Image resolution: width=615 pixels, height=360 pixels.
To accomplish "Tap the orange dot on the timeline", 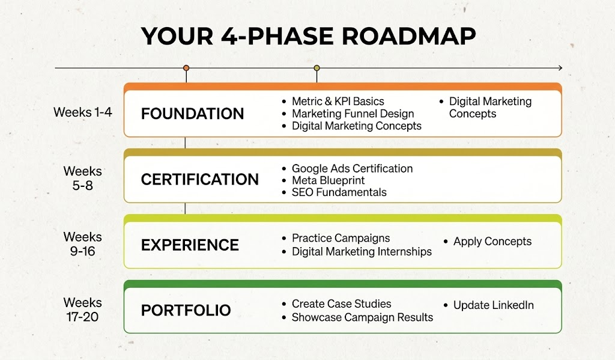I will [186, 68].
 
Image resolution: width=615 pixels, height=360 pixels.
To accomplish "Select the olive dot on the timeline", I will [317, 68].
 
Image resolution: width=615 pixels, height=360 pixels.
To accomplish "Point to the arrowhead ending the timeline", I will [559, 68].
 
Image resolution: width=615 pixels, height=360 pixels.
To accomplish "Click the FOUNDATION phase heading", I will [192, 114].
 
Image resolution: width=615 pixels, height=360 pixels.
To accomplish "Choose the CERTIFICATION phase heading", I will [199, 179].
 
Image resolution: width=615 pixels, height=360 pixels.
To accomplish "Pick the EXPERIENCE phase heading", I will [190, 245].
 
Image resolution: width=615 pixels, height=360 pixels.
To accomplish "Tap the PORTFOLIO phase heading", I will [186, 311].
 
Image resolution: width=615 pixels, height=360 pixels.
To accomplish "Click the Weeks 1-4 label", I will [83, 112].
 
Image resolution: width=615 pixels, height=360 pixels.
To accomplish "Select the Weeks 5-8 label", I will [83, 178].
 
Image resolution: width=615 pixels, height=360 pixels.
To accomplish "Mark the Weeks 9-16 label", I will [83, 244].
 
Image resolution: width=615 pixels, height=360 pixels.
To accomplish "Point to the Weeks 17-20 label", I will [83, 310].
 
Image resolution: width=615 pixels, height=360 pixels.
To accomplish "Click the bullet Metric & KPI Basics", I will [338, 102].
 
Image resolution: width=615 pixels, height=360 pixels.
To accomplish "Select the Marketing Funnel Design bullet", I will [353, 114].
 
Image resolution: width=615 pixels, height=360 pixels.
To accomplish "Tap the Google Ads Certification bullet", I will [352, 168].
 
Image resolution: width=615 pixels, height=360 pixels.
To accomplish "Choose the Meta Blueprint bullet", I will [328, 180].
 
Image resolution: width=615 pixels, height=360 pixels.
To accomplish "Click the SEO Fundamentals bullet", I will [339, 192].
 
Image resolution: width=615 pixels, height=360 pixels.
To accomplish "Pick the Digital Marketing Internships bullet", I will [362, 252].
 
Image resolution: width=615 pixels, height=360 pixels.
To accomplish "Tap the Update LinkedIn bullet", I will [493, 305].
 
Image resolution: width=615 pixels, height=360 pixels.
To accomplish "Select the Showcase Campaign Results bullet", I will [362, 317].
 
